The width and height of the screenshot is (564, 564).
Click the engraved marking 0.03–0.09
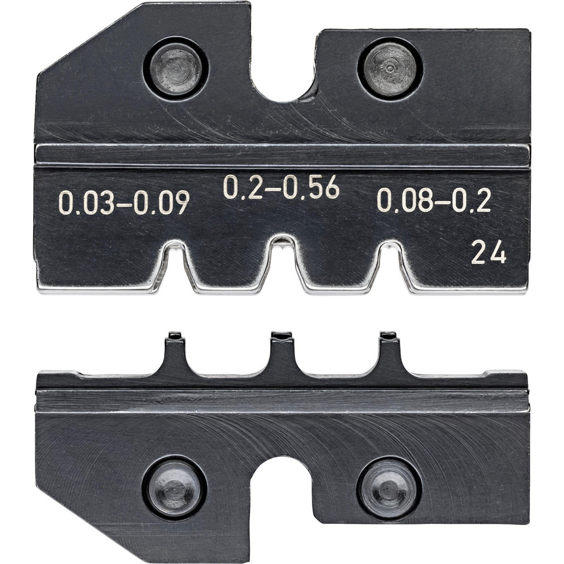coord(124,204)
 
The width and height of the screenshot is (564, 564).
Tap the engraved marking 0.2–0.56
coord(281,187)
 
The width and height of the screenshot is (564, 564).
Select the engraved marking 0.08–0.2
coord(434,200)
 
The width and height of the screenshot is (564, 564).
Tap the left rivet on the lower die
coord(174,487)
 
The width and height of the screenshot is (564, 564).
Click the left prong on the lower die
coord(175,352)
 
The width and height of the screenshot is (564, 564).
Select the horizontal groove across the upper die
coord(282,155)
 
